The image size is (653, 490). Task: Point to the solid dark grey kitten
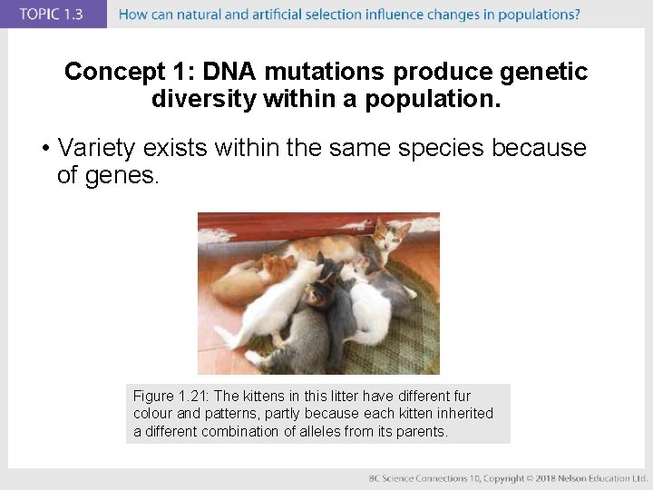[341, 313]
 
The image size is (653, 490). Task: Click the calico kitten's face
[319, 295]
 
